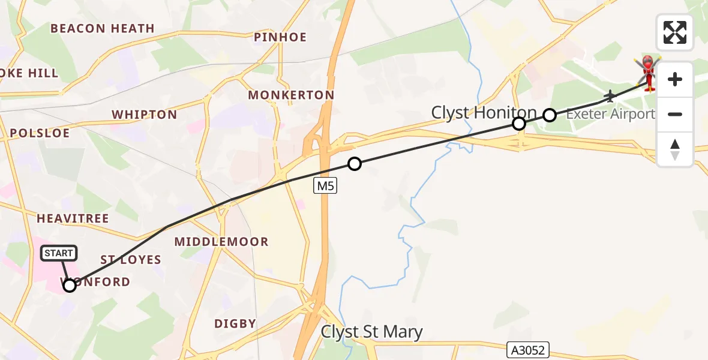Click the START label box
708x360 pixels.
pyautogui.click(x=58, y=253)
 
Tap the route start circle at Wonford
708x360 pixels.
pyautogui.click(x=70, y=285)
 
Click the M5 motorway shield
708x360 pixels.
pyautogui.click(x=325, y=187)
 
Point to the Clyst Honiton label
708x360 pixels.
pyautogui.click(x=484, y=112)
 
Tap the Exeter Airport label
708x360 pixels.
pyautogui.click(x=610, y=114)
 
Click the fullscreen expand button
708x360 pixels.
pyautogui.click(x=675, y=32)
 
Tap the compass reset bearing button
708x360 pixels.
pyautogui.click(x=675, y=149)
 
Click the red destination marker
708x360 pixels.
pyautogui.click(x=648, y=71)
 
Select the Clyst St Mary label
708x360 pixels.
pyautogui.click(x=372, y=332)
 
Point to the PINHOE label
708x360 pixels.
pyautogui.click(x=280, y=37)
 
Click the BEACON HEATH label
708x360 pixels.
pyautogui.click(x=103, y=28)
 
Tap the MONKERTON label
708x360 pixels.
pyautogui.click(x=291, y=95)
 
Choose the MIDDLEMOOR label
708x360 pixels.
pyautogui.click(x=221, y=242)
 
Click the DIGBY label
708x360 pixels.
pyautogui.click(x=235, y=323)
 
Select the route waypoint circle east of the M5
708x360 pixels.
pyautogui.click(x=355, y=163)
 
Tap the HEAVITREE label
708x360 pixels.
pyautogui.click(x=73, y=218)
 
